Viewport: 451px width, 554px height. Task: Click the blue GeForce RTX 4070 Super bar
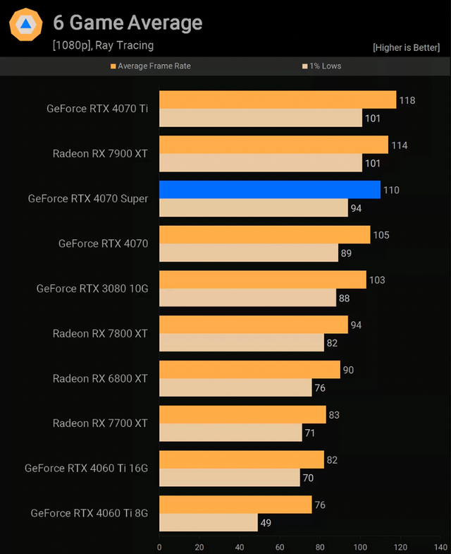[270, 189]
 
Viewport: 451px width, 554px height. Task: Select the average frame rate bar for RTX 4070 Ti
[278, 100]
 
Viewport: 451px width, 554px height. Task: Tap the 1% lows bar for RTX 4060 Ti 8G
[209, 522]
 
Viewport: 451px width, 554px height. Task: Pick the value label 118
[407, 100]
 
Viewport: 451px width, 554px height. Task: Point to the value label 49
[265, 523]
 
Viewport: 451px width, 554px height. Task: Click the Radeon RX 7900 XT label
[100, 153]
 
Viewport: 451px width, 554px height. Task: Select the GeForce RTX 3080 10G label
[92, 288]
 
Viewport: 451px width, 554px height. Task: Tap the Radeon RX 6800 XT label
[100, 378]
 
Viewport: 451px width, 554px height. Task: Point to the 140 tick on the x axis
[441, 546]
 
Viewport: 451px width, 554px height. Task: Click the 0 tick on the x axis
[159, 546]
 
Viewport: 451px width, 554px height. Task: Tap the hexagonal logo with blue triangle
[26, 25]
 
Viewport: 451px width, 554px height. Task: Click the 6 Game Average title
[128, 23]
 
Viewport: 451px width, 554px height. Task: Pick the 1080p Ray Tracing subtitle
[103, 45]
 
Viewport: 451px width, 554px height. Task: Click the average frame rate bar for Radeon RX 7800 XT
[254, 325]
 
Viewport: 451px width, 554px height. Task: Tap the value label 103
[377, 280]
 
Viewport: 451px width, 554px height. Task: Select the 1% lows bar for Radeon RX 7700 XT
[230, 432]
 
